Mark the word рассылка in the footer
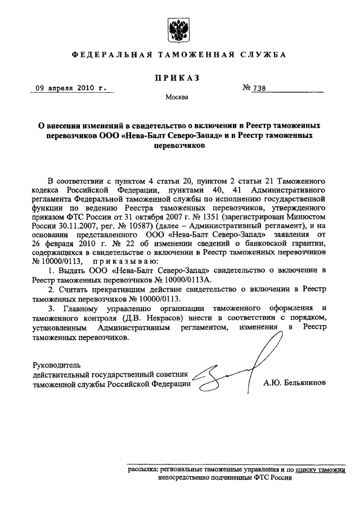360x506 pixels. click(143, 468)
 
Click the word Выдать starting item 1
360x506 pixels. click(74, 270)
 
